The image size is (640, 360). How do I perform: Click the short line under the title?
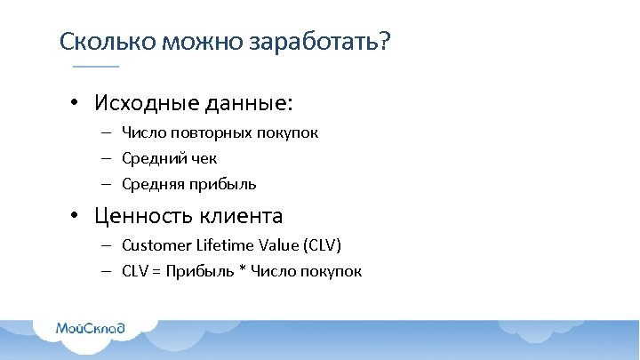click(95, 67)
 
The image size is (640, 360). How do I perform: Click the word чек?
click(203, 158)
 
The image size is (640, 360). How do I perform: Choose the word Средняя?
click(151, 184)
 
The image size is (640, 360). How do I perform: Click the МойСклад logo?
click(91, 328)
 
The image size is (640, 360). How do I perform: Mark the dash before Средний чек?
click(105, 158)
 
